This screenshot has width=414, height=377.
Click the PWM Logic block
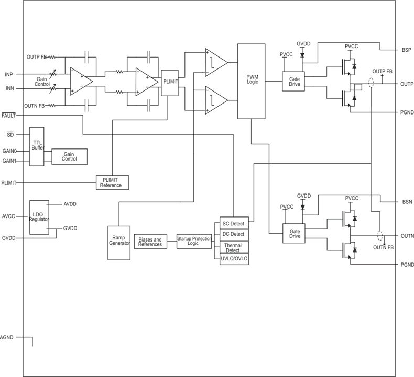[x=252, y=81]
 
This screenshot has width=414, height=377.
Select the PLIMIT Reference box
[x=111, y=182]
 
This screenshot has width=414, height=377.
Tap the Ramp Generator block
[x=118, y=243]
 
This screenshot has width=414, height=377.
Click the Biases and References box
[x=150, y=242]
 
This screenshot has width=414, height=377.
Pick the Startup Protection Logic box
[x=194, y=242]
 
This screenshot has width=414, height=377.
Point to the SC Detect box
[x=233, y=224]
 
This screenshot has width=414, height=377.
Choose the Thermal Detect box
[x=233, y=247]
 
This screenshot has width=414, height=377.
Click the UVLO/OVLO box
[x=233, y=259]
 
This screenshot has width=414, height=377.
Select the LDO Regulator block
[x=39, y=216]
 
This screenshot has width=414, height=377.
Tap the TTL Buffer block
[x=37, y=146]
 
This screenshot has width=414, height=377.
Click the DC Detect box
[x=233, y=234]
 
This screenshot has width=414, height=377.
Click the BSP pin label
[x=407, y=50]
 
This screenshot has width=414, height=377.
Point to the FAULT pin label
[x=8, y=115]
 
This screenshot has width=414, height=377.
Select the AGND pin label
[x=7, y=337]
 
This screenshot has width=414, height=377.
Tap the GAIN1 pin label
[x=9, y=161]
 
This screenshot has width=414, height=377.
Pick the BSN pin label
[x=407, y=202]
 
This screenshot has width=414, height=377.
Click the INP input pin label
[x=9, y=74]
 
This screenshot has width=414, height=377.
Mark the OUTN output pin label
[x=407, y=236]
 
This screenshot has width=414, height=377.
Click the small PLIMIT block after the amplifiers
[x=170, y=82]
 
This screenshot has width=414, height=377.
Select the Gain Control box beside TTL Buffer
[x=69, y=156]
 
